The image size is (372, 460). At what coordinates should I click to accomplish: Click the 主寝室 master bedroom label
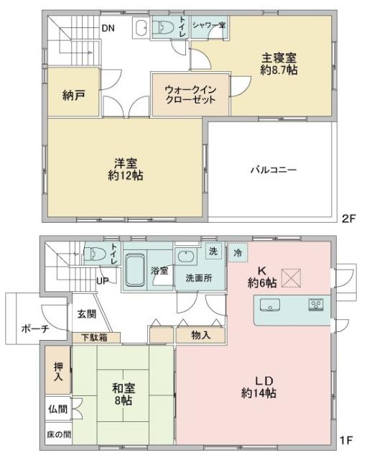[x=279, y=57]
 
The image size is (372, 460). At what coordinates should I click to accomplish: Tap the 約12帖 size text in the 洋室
[x=126, y=175]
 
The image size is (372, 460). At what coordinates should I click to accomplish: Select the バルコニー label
[x=274, y=170]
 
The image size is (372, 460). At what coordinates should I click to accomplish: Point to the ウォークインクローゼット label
[x=190, y=94]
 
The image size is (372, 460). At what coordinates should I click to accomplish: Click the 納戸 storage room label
[x=73, y=96]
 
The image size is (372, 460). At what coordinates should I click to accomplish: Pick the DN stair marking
[x=108, y=28]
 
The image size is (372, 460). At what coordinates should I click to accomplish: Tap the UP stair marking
[x=103, y=281]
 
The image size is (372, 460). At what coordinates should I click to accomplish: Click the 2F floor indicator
[x=349, y=218]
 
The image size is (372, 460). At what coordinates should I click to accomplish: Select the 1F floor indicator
[x=346, y=440]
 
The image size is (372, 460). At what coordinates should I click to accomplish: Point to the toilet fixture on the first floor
[x=96, y=254]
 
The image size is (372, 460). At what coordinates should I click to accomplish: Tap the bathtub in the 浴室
[x=135, y=270]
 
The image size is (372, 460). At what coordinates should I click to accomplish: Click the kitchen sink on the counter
[x=270, y=305]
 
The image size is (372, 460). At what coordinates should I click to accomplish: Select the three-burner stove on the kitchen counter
[x=316, y=305]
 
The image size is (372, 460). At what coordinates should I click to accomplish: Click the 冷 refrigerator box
[x=238, y=252]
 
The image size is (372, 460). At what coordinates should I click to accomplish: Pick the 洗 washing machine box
[x=213, y=251]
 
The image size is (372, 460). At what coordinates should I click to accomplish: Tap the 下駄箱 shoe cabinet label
[x=94, y=337]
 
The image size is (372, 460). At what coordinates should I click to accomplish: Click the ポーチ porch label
[x=35, y=328]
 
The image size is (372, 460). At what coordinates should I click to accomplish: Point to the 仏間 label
[x=57, y=409]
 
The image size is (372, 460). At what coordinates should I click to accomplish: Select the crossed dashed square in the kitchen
[x=291, y=278]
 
